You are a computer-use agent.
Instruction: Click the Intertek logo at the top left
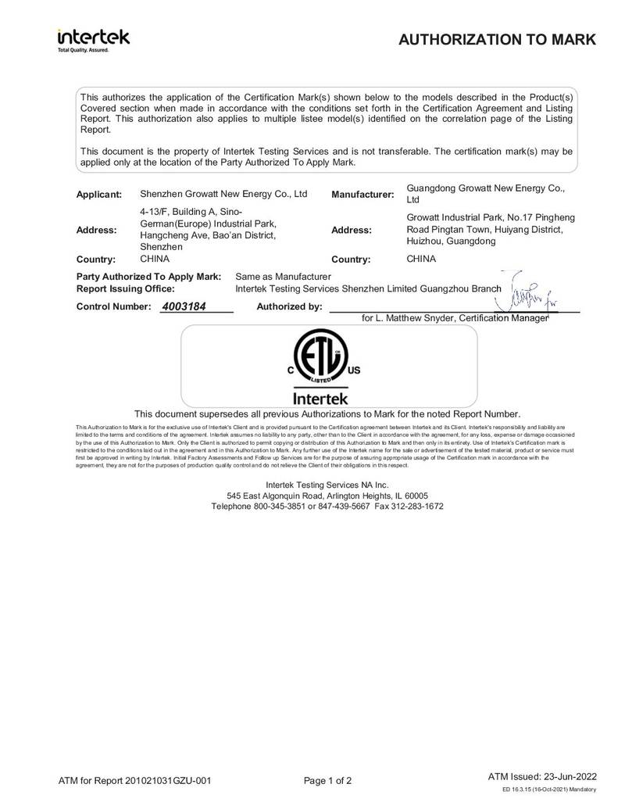coord(93,38)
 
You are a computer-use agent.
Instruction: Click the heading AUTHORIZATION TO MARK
coord(497,40)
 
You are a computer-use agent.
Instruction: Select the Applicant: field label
coord(98,195)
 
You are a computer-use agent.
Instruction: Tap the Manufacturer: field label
coord(362,195)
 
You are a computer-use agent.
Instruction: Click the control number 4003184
coord(183,306)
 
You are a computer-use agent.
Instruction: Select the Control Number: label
coord(113,306)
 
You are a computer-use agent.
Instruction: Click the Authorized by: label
coord(289,306)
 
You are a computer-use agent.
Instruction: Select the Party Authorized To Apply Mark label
coord(148,277)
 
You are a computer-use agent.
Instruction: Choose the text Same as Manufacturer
coord(284,277)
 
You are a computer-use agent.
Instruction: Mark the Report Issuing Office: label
coord(125,288)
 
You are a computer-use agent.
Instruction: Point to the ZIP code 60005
coord(414,496)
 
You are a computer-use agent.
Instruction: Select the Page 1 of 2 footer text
coord(328,780)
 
